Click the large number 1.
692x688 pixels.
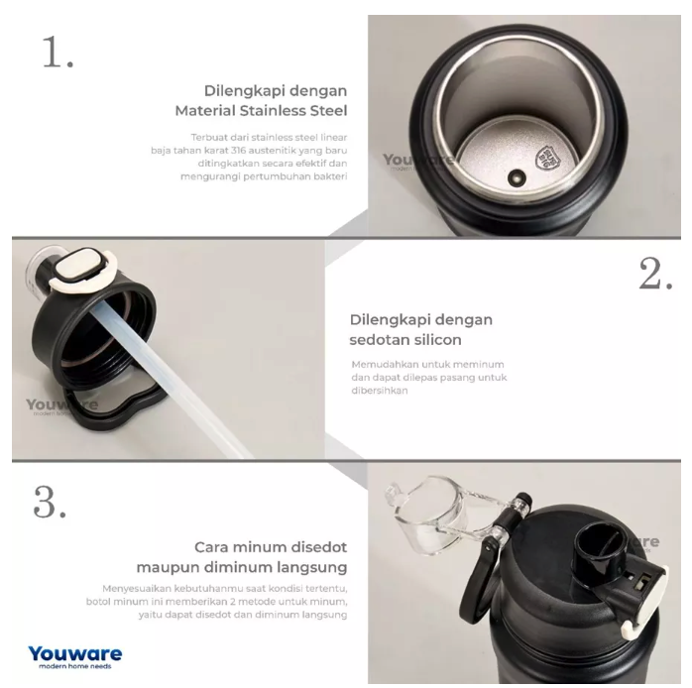pos(58,52)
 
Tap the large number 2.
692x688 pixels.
pos(655,274)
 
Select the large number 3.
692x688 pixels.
pos(50,502)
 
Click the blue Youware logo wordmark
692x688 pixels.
pos(75,653)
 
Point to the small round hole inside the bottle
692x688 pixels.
pos(517,177)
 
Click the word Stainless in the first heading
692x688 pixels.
pos(273,110)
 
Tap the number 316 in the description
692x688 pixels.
pos(238,151)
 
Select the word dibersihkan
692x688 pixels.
pos(379,391)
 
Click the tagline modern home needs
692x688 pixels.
pos(75,666)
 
